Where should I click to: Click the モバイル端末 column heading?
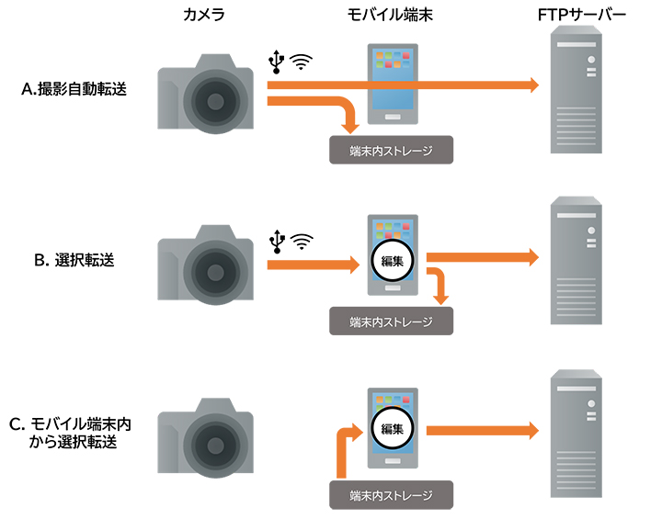pyautogui.click(x=391, y=17)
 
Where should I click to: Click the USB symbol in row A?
pyautogui.click(x=275, y=61)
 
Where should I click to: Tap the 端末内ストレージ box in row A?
pyautogui.click(x=391, y=149)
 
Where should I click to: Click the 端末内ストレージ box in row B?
pyautogui.click(x=391, y=321)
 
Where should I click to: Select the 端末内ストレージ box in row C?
pyautogui.click(x=391, y=494)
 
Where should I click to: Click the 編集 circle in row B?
pyautogui.click(x=393, y=260)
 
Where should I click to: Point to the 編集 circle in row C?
pyautogui.click(x=393, y=428)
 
